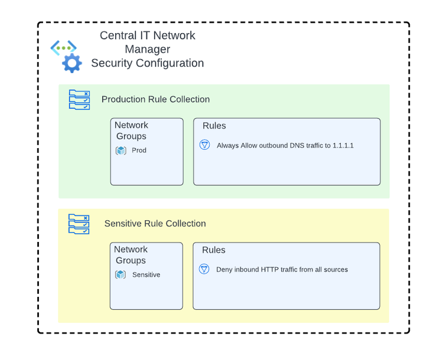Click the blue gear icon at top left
coord(72,63)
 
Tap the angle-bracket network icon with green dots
coord(63,47)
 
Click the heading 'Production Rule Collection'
coord(155,99)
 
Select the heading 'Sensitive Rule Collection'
coord(155,223)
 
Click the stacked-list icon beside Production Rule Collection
coord(79,100)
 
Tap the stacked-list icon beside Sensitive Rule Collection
coord(79,224)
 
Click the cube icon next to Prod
coord(121,150)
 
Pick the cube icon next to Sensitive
coord(120,274)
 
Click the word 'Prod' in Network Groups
coord(139,150)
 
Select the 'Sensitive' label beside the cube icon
coord(146,274)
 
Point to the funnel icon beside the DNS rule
coord(205,145)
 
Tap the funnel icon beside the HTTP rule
coord(204,269)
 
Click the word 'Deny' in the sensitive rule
coord(224,270)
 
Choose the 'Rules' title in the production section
coord(214,126)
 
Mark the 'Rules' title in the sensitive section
coord(213,250)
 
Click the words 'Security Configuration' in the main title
coord(147,63)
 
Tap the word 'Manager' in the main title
coord(147,49)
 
